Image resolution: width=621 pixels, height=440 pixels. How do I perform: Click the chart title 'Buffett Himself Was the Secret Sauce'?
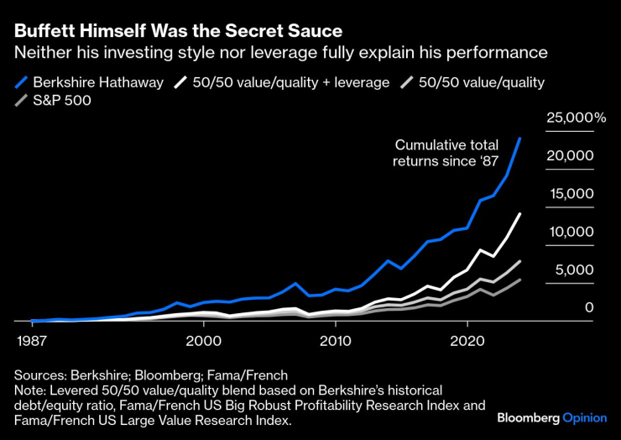[x=178, y=32]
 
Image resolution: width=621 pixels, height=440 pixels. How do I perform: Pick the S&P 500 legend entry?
[x=64, y=101]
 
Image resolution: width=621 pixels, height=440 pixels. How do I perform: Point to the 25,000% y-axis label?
[x=576, y=118]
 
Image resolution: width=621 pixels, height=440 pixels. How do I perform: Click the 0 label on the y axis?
[x=589, y=308]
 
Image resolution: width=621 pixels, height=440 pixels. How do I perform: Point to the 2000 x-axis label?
[x=203, y=342]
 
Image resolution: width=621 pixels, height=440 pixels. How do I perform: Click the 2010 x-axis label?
[x=336, y=342]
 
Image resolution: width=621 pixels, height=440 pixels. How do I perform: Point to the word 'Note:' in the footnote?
[x=30, y=390]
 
